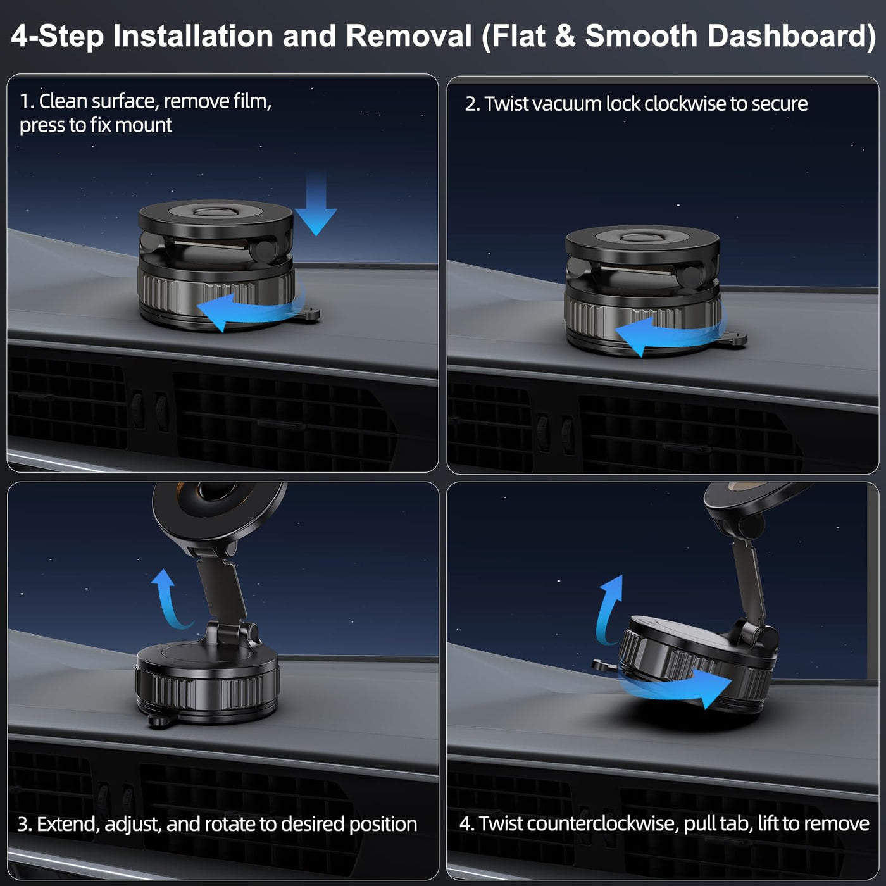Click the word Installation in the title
tap(193, 36)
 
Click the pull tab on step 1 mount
tap(308, 315)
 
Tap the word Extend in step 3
tap(67, 825)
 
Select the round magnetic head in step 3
tap(218, 508)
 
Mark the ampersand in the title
tap(565, 36)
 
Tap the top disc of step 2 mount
tap(642, 239)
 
